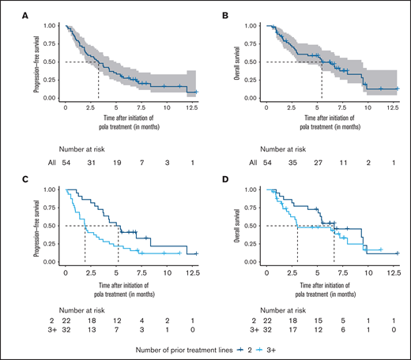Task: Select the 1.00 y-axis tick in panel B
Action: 255,25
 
